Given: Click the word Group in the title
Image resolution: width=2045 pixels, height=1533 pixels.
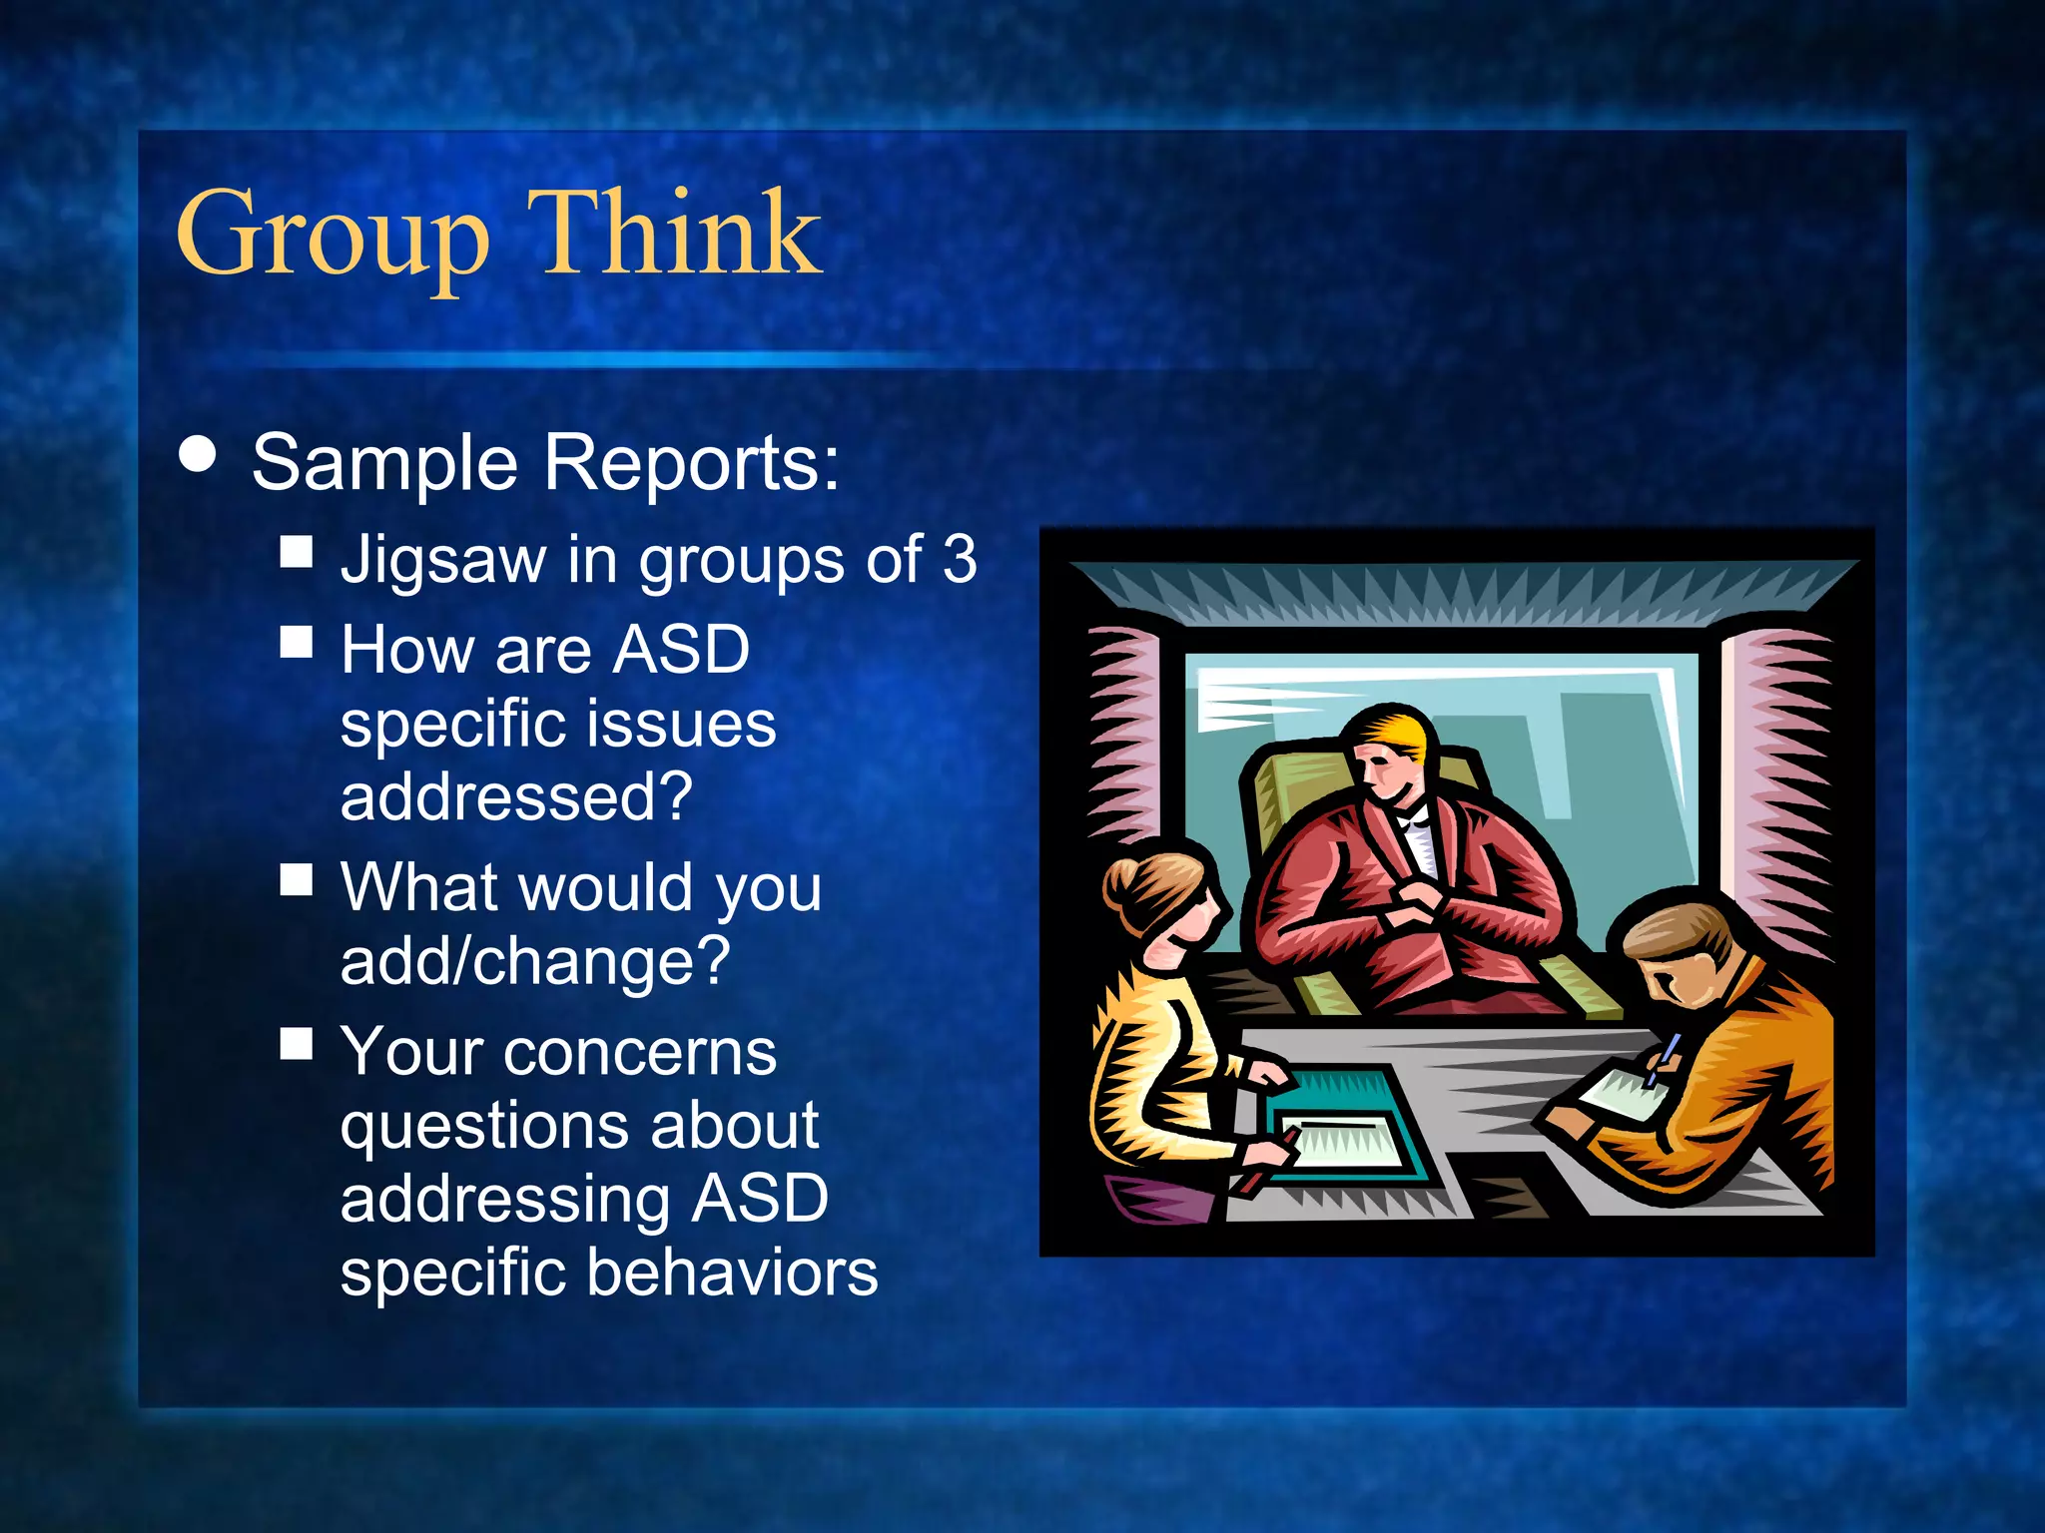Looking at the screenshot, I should point(332,235).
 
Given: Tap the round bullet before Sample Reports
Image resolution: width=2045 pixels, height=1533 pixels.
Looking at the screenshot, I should point(198,454).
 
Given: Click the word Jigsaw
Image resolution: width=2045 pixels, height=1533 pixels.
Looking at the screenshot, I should point(443,560).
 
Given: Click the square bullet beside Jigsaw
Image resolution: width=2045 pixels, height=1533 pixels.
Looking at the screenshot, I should point(297,552).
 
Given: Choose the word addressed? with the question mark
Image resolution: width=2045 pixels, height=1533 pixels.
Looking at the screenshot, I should point(516,796).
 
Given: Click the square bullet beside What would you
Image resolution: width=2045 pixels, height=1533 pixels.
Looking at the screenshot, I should point(297,880).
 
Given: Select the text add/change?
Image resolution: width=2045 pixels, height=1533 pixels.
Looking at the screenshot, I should point(535,960).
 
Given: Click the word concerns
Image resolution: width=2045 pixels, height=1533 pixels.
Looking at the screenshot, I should point(639,1052).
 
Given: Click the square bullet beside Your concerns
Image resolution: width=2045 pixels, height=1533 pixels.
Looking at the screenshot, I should point(297,1044).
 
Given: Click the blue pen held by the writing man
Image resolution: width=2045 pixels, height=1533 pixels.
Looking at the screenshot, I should point(1664,1058).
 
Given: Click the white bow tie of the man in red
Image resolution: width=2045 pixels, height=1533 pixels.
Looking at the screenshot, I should point(1416,820).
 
